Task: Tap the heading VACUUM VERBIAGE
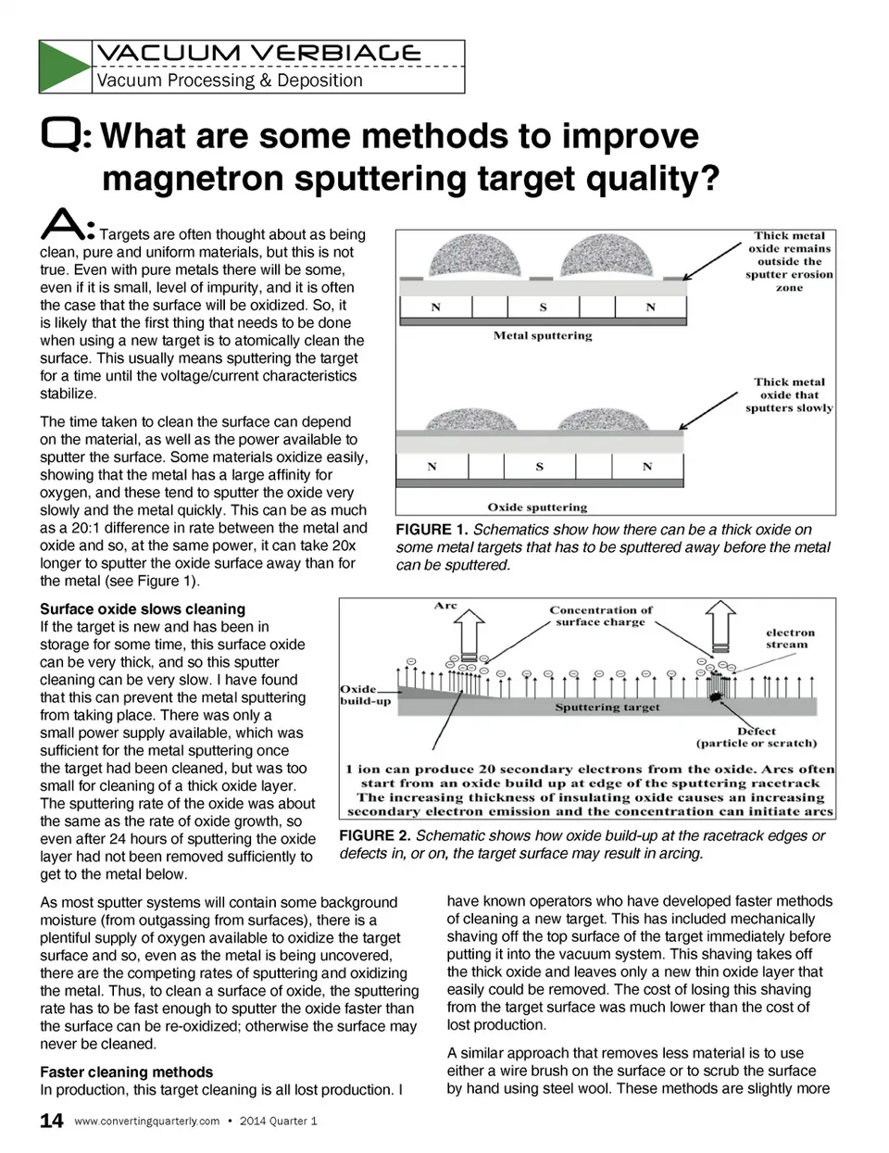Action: coord(258,53)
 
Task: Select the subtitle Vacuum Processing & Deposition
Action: coord(230,81)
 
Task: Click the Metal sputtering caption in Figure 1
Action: coord(542,335)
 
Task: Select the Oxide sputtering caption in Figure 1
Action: coord(537,508)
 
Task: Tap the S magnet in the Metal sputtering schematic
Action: coord(543,307)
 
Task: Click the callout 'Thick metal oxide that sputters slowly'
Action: coord(789,395)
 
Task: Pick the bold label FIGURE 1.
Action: coord(432,530)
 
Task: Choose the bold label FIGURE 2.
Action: coord(375,835)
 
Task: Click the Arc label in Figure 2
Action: coord(445,606)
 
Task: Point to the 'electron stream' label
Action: coord(789,638)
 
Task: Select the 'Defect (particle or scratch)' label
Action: coord(757,737)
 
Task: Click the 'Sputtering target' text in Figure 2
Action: coord(607,708)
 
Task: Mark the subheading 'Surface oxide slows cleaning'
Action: coord(143,609)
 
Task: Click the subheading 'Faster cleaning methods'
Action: coord(127,1072)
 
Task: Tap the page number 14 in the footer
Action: coord(52,1121)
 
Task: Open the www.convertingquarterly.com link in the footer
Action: coord(146,1122)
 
